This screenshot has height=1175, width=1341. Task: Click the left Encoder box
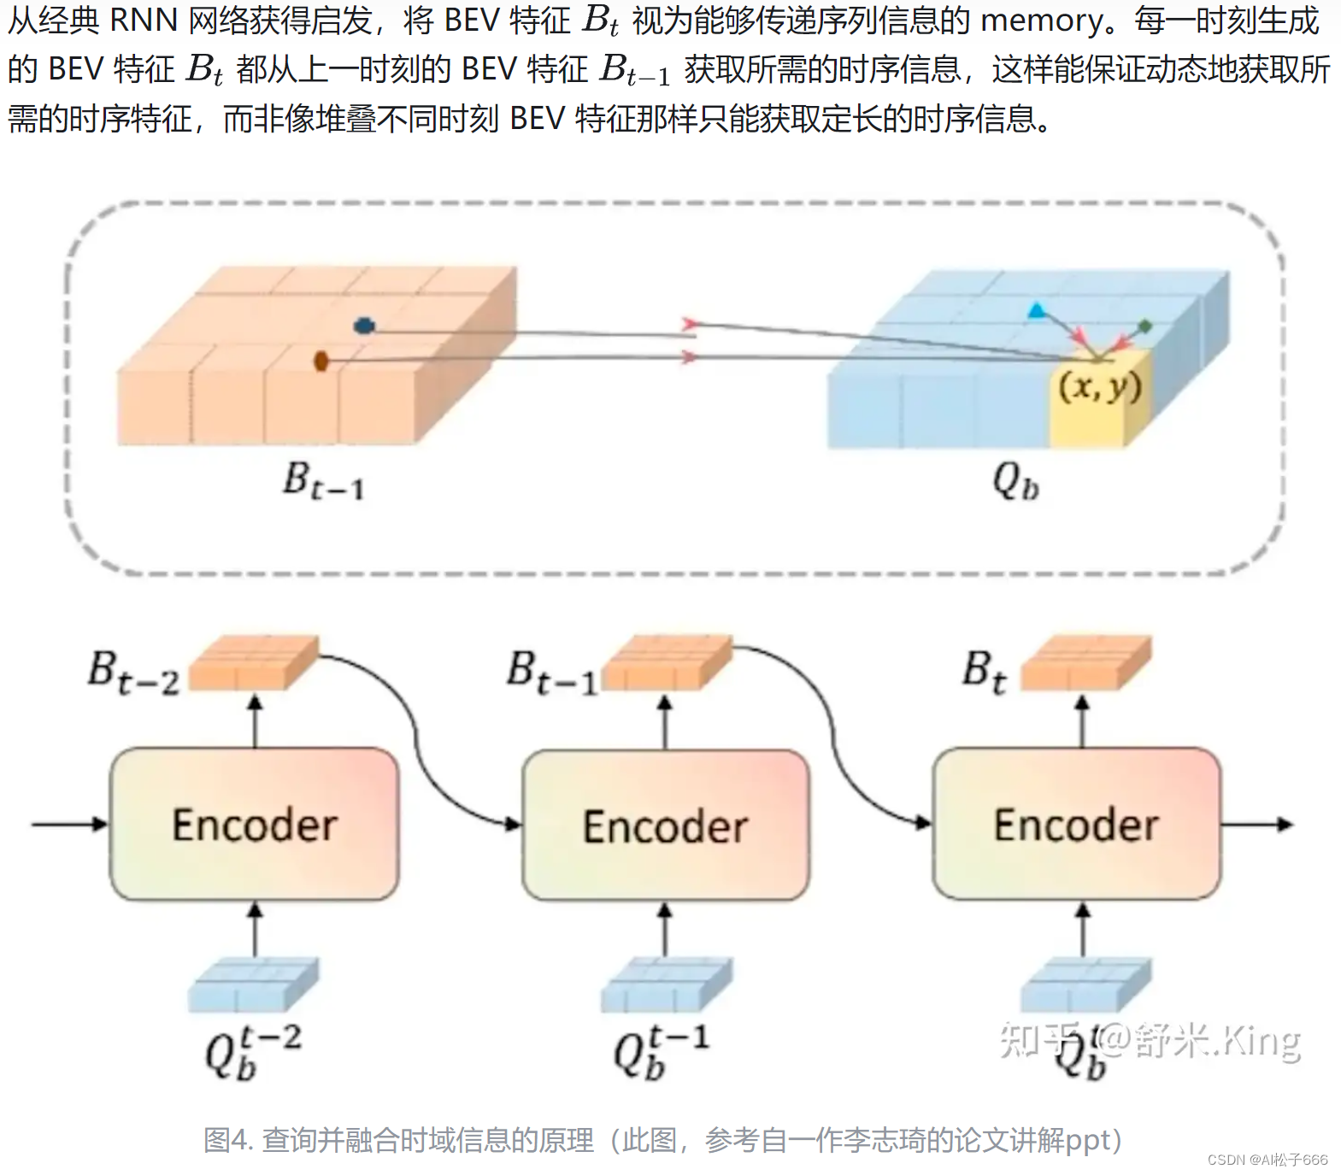pyautogui.click(x=254, y=824)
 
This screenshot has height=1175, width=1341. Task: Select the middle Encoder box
pyautogui.click(x=666, y=825)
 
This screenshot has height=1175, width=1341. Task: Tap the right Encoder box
pyautogui.click(x=1076, y=824)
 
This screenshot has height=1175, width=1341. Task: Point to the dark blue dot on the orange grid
pyautogui.click(x=365, y=326)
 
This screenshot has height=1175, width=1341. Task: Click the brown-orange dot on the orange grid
pyautogui.click(x=321, y=361)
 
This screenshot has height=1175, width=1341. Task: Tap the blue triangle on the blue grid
pyautogui.click(x=1037, y=311)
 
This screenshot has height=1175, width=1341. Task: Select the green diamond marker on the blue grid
pyautogui.click(x=1145, y=326)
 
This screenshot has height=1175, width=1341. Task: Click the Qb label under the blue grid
pyautogui.click(x=1015, y=482)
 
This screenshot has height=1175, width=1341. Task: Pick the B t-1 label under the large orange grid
pyautogui.click(x=323, y=480)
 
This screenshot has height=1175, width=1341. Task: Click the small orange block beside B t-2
pyautogui.click(x=253, y=663)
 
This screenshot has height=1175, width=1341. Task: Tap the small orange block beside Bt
pyautogui.click(x=1085, y=663)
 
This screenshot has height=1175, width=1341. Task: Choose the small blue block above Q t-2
pyautogui.click(x=253, y=984)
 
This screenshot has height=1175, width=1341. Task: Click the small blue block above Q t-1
pyautogui.click(x=666, y=984)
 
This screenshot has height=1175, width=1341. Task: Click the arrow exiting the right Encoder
pyautogui.click(x=1256, y=825)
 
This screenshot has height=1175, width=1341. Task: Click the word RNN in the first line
pyautogui.click(x=144, y=21)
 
